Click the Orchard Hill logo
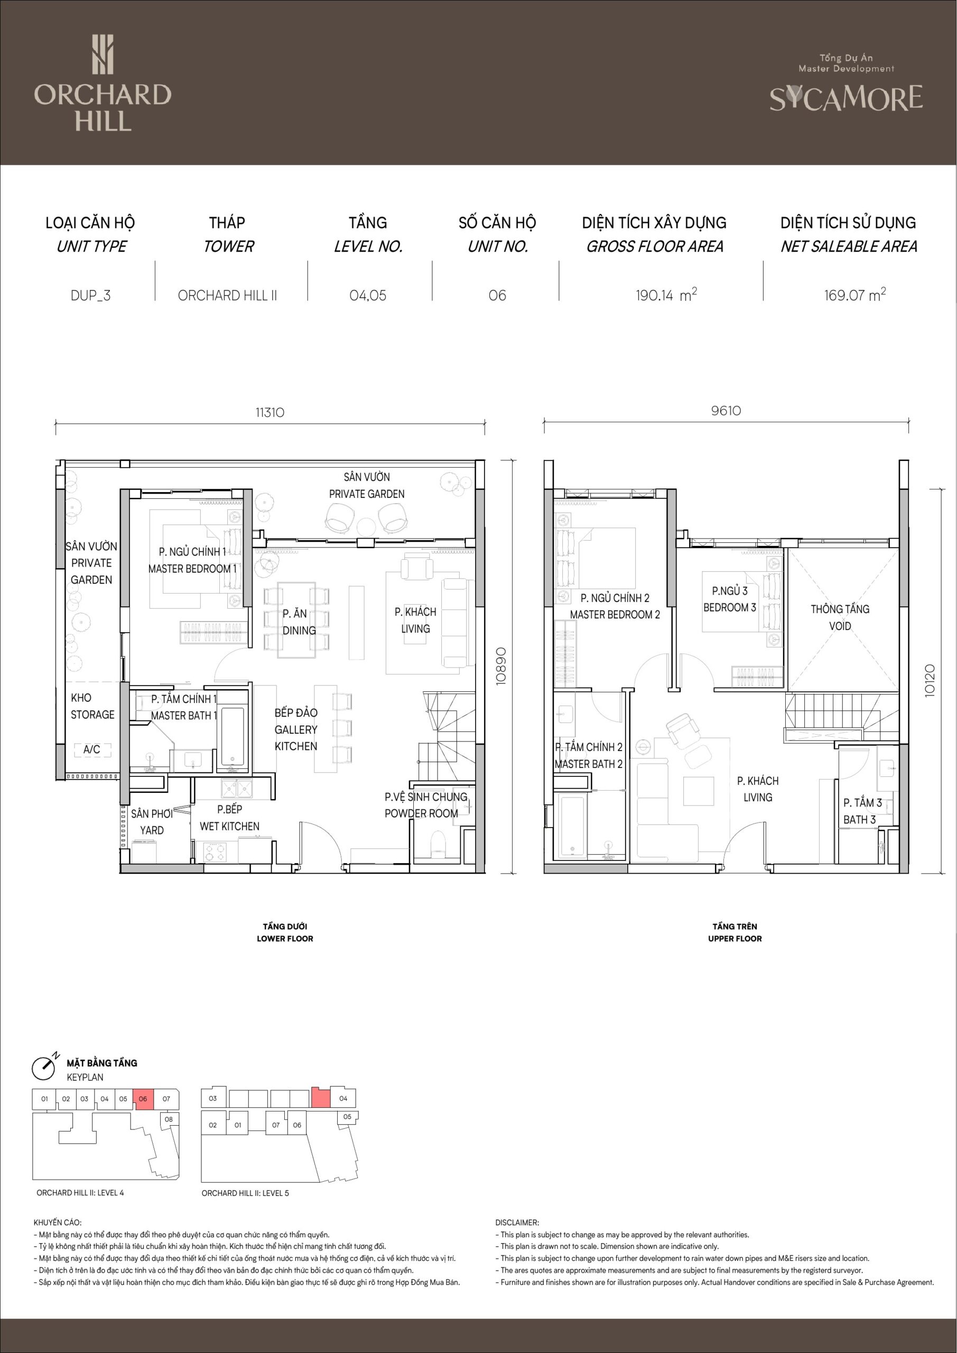(x=103, y=82)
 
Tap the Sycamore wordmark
(x=845, y=98)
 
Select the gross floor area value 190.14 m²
(x=666, y=294)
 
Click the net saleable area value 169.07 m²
(x=854, y=294)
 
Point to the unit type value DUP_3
(x=91, y=295)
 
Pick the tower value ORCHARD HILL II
(x=227, y=295)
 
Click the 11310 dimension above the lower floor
(x=270, y=412)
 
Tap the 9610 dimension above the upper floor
(x=726, y=411)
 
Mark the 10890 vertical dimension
(x=501, y=666)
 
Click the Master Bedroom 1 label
(x=192, y=560)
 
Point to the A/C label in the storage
(x=91, y=749)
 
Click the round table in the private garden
(x=366, y=526)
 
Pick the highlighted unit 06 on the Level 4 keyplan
(x=143, y=1099)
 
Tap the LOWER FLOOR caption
(x=285, y=939)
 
